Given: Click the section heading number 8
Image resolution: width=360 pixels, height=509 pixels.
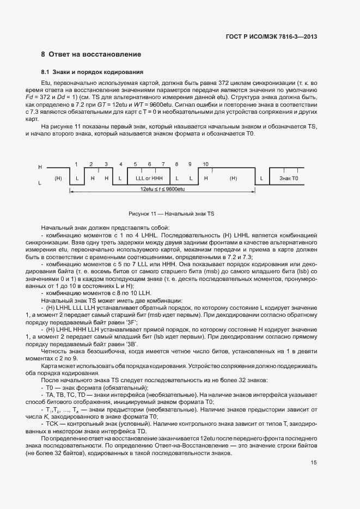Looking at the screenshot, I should [43, 54].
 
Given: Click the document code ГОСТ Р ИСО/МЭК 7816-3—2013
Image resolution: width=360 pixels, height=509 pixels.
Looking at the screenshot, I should [271, 36].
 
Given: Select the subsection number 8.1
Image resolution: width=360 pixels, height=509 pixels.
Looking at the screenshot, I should [45, 72].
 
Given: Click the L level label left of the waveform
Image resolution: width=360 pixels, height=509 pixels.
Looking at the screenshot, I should [40, 183].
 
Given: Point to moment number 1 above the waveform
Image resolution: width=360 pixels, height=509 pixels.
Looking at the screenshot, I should [77, 164].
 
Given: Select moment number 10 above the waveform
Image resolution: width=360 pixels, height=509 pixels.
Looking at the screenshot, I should [205, 164].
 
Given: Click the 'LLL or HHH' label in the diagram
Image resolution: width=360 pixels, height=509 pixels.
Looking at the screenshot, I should [149, 179].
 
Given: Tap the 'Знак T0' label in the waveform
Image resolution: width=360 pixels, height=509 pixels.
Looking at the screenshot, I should [289, 179].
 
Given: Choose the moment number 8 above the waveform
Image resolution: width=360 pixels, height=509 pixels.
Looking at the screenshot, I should [176, 164].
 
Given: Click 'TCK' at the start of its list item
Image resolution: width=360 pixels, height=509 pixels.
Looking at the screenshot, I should [52, 423].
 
